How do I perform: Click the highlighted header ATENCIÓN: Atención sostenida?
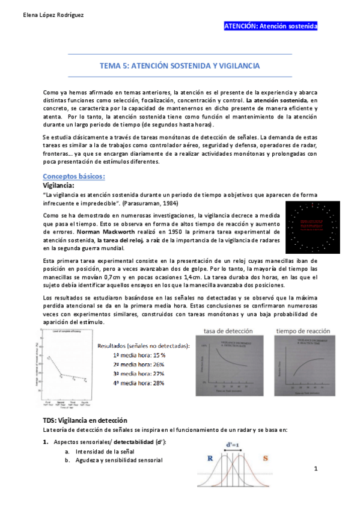(x=270, y=26)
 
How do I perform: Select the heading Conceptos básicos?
(x=74, y=176)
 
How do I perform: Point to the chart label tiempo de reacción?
(x=302, y=331)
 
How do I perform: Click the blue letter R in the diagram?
(x=210, y=458)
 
